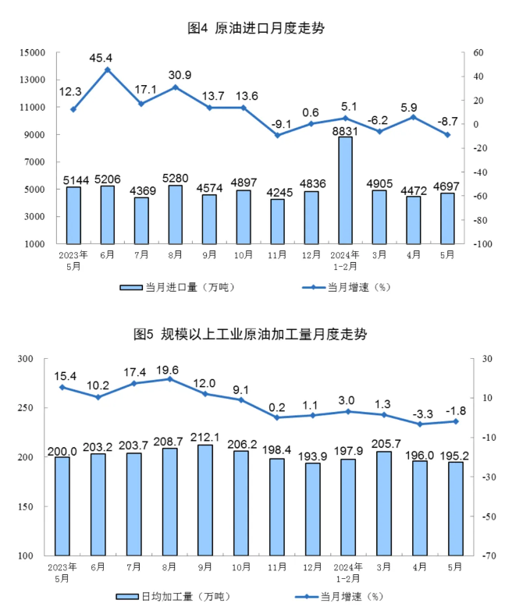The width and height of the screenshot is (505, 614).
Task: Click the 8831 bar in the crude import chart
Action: [x=345, y=190]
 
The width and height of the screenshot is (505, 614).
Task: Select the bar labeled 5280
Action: [x=175, y=215]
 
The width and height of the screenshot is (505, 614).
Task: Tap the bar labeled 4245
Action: [x=277, y=222]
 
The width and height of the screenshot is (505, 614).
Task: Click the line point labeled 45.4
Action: [x=108, y=69]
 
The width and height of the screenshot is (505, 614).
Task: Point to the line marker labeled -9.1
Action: [x=277, y=135]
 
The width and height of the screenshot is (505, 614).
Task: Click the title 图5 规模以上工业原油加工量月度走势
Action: [x=251, y=335]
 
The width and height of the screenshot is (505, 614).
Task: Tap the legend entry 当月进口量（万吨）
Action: [x=178, y=287]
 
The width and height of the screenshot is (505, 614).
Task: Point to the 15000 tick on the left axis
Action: [x=33, y=52]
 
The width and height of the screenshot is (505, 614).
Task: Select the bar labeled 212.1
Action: [x=204, y=500]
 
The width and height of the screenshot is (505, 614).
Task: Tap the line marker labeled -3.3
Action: [x=421, y=424]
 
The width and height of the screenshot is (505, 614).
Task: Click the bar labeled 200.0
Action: [x=62, y=506]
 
